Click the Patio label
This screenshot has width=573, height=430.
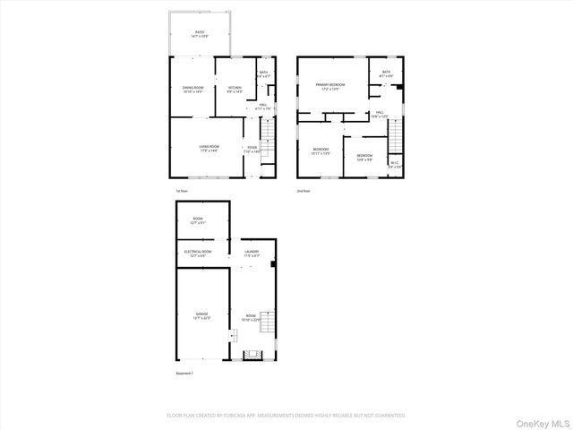pyautogui.click(x=199, y=34)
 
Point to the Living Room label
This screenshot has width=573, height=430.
pyautogui.click(x=209, y=149)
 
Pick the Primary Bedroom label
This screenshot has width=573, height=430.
pyautogui.click(x=329, y=86)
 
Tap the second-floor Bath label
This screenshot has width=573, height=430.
pyautogui.click(x=386, y=73)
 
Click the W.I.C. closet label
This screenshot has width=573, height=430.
pyautogui.click(x=395, y=164)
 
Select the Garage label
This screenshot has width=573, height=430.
pyautogui.click(x=201, y=315)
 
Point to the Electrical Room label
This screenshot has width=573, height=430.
pyautogui.click(x=198, y=254)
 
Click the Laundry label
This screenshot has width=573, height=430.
pyautogui.click(x=252, y=254)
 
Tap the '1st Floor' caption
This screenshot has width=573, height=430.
pyautogui.click(x=181, y=191)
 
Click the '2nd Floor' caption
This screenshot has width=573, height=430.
pyautogui.click(x=304, y=191)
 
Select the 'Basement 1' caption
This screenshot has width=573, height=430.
pyautogui.click(x=184, y=374)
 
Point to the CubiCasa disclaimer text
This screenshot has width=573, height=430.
pyautogui.click(x=286, y=416)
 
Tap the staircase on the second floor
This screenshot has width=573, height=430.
pyautogui.click(x=394, y=138)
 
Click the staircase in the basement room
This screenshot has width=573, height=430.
pyautogui.click(x=252, y=354)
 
